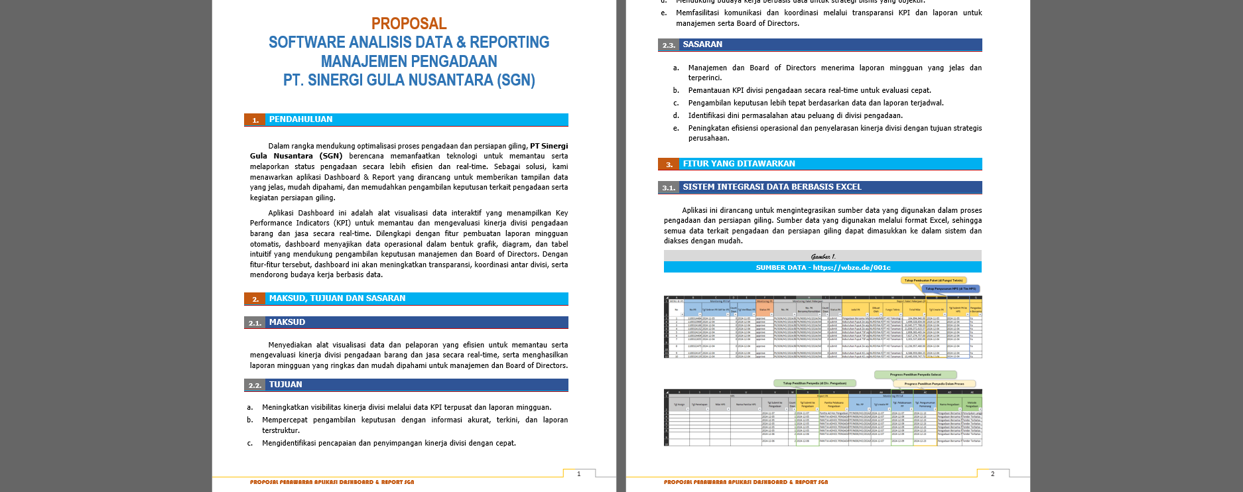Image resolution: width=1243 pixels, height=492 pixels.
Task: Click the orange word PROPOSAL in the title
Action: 409,24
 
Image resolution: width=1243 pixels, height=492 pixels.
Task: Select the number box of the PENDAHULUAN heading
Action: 255,120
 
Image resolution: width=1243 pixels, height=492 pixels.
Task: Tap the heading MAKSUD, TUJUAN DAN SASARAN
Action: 337,298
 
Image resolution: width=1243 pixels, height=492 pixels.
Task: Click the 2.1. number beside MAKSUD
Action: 255,323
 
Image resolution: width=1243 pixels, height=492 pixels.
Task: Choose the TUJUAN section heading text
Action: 285,385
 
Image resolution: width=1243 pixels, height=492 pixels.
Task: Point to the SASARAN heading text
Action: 702,44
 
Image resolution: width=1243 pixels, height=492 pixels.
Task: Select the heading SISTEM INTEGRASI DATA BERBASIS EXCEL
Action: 772,187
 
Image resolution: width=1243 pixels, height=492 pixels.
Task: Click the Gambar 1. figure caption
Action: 823,257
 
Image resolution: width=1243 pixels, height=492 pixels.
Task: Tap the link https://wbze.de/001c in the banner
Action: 852,268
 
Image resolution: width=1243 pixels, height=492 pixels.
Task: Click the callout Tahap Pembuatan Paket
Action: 933,280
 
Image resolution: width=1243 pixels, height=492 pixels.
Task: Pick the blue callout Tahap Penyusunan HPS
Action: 950,289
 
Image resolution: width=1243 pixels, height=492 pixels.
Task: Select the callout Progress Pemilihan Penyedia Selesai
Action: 915,375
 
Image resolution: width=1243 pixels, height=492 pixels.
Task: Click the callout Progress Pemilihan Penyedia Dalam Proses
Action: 934,383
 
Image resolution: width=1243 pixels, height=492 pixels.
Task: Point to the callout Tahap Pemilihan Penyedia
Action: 815,383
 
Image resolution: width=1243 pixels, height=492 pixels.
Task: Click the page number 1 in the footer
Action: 578,473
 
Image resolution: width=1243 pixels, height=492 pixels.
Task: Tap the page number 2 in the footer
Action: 992,473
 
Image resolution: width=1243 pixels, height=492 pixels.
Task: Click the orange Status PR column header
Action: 764,310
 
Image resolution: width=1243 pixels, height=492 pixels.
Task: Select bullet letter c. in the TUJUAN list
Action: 250,443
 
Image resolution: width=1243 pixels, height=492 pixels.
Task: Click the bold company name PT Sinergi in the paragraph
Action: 549,146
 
